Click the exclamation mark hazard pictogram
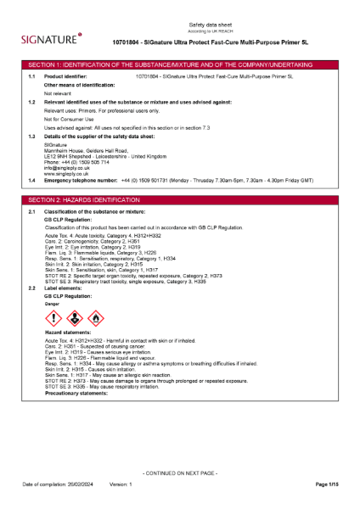[52, 318]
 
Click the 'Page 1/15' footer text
[327, 484]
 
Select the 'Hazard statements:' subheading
[68, 337]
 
